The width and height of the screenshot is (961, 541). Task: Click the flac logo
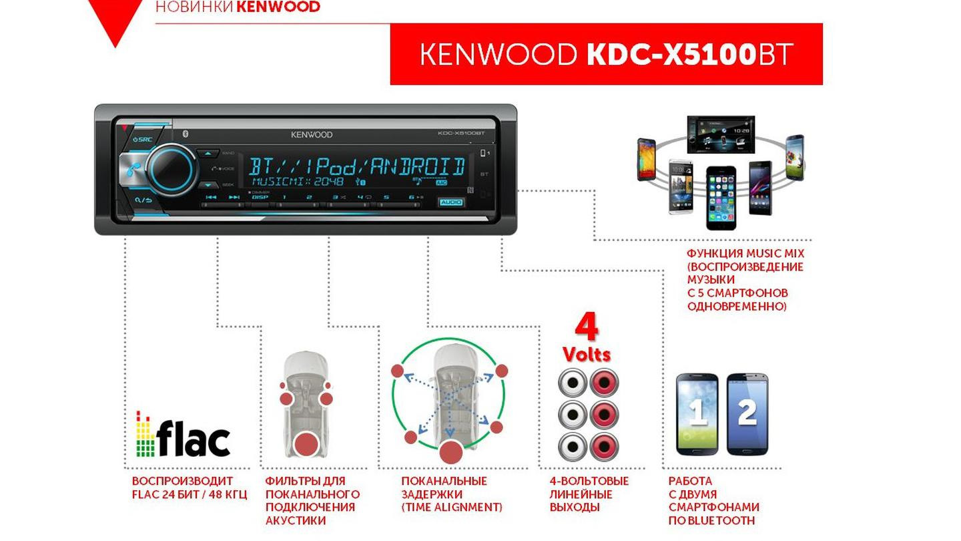pos(183,434)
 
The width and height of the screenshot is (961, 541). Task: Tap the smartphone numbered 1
pos(697,413)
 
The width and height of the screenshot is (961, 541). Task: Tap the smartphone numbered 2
pos(747,413)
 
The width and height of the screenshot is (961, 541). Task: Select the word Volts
pos(586,353)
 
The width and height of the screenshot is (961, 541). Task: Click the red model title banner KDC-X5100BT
pos(606,54)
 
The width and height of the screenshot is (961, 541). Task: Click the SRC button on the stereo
pos(142,140)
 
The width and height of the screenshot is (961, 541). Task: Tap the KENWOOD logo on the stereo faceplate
pos(311,135)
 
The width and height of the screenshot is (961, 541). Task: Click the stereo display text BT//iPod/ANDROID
pos(356,166)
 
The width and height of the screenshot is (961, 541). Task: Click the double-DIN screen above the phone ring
pos(721,134)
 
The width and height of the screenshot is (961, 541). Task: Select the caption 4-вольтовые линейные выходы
pos(589,494)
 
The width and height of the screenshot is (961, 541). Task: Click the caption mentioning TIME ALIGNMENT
pos(451,494)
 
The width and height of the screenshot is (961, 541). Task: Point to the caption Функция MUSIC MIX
pos(745,280)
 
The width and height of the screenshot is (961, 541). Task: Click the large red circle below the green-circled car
pos(451,452)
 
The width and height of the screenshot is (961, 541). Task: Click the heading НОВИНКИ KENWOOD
pos(238,7)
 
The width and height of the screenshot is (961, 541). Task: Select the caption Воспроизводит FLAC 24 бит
pos(190,488)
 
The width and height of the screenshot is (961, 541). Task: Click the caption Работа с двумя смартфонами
pos(713,501)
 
